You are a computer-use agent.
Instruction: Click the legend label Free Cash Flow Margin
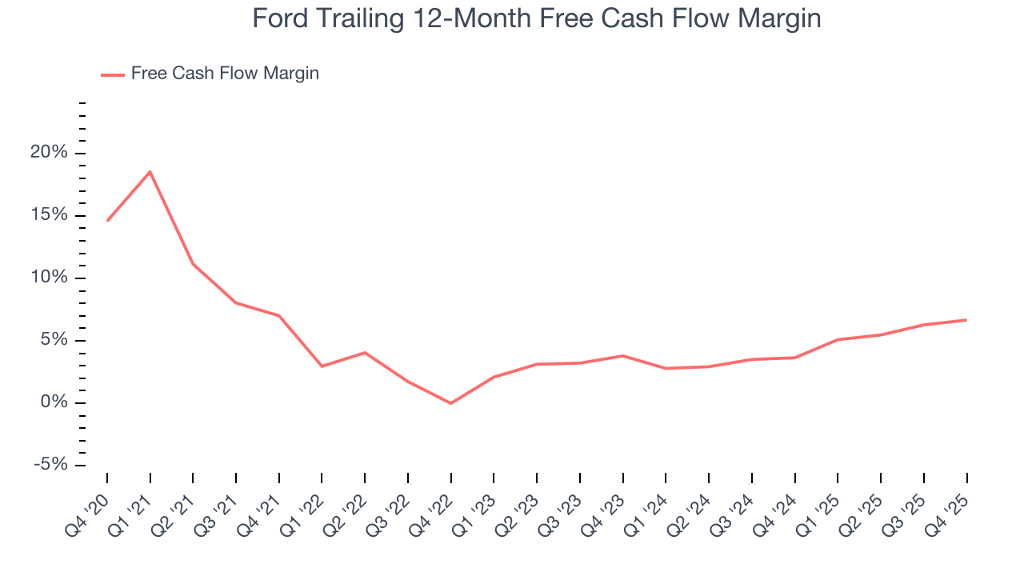pyautogui.click(x=225, y=74)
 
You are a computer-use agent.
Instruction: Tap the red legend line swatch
pyautogui.click(x=113, y=74)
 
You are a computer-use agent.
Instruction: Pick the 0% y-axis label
pyautogui.click(x=55, y=403)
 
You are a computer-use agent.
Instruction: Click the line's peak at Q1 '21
pyautogui.click(x=150, y=171)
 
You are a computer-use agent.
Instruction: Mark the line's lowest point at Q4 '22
pyautogui.click(x=451, y=403)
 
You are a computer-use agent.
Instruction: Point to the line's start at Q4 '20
pyautogui.click(x=107, y=221)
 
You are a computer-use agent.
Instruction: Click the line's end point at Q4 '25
pyautogui.click(x=966, y=320)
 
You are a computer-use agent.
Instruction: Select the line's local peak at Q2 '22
pyautogui.click(x=365, y=352)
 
